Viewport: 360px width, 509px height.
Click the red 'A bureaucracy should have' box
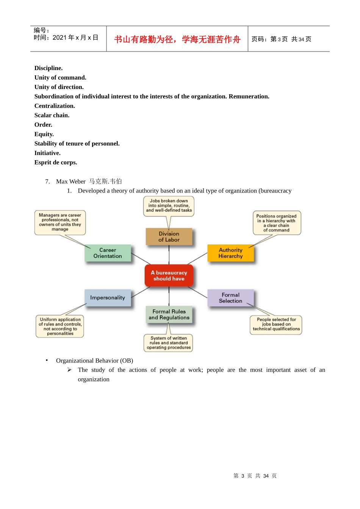coord(169,276)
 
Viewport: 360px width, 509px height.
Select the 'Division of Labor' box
coord(169,237)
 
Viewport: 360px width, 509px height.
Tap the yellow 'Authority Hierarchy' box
coord(230,253)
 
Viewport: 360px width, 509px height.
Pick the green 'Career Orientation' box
coord(108,253)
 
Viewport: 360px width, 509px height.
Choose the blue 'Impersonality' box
coord(108,298)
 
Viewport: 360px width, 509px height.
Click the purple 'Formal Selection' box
coord(230,298)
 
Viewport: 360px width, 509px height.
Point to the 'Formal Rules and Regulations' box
coord(169,314)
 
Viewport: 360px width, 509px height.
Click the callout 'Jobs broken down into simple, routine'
coord(169,206)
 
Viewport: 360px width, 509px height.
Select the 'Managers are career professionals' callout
coord(60,222)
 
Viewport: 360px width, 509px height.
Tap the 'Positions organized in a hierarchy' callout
coord(276,223)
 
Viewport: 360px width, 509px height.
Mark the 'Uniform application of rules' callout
coord(60,326)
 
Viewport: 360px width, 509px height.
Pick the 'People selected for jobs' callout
coord(276,324)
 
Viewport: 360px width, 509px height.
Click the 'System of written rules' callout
coord(169,343)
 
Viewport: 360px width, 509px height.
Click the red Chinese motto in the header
coord(177,39)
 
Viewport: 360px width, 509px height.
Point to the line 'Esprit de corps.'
coord(56,162)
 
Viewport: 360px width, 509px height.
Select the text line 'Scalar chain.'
coord(52,115)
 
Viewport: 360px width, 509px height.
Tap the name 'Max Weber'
coord(71,181)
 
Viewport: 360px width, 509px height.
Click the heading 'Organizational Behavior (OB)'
coord(94,361)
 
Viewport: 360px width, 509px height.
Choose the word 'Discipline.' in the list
coord(49,68)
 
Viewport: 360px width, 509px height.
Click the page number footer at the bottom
coord(255,476)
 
